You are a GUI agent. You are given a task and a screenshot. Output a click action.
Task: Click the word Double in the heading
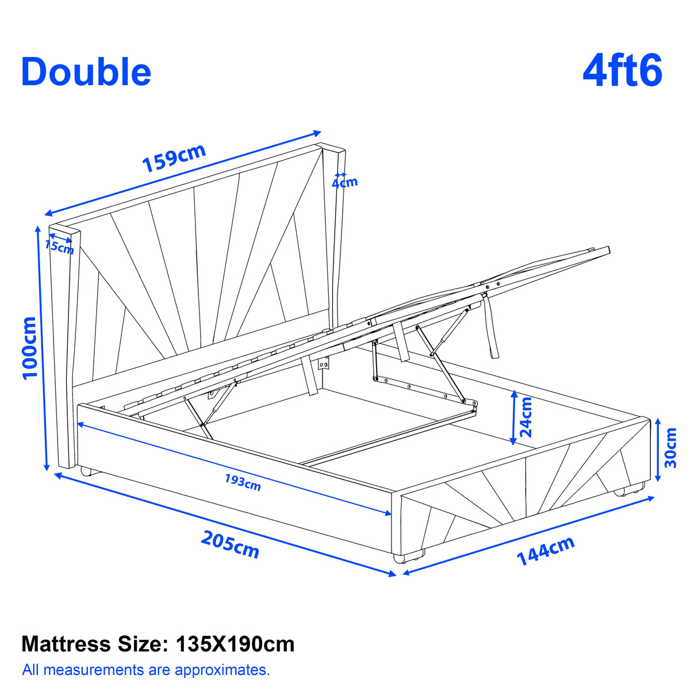coord(86,72)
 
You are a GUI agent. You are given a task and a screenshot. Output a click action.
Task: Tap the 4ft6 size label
coord(622,71)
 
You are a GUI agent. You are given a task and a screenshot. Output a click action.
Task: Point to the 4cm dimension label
coord(344,183)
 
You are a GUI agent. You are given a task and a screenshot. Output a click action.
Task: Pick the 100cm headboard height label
coord(30,348)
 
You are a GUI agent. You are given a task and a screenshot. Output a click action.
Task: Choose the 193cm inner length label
coord(243,482)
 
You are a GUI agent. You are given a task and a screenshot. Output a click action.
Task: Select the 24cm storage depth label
coord(526,417)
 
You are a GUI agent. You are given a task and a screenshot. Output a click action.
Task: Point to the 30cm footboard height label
coord(670,447)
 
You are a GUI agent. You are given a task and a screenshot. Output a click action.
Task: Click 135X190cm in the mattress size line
coord(235,644)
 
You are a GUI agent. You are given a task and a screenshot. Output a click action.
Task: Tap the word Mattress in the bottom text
coord(66,644)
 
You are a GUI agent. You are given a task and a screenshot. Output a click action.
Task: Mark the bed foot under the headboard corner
coord(86,471)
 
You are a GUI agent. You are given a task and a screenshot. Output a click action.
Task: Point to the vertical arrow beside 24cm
coord(514,418)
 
